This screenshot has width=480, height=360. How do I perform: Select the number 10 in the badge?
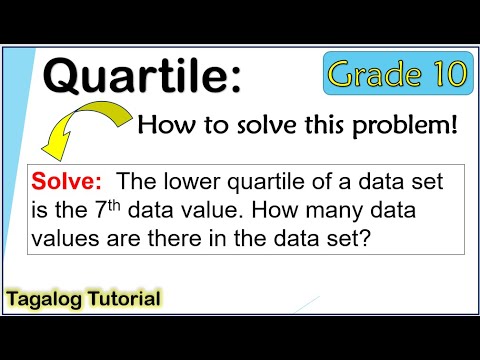click(x=448, y=73)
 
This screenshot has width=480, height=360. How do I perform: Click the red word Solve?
click(x=71, y=184)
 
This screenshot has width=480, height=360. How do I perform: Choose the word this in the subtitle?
click(x=328, y=125)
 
